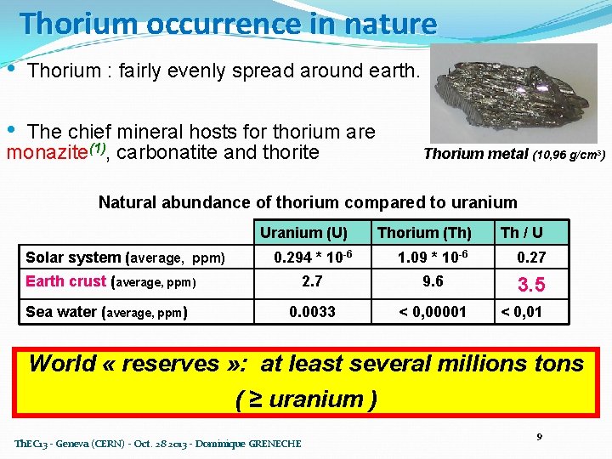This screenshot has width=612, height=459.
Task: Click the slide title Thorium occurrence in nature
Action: coord(228,23)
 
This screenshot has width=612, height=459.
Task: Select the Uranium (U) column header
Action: coord(303,232)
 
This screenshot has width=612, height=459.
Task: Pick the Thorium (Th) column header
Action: coord(424,232)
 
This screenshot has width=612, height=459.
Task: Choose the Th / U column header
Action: coord(521,232)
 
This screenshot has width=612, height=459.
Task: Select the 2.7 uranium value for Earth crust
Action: coord(312,281)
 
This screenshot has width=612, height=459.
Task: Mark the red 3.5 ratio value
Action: coord(531,284)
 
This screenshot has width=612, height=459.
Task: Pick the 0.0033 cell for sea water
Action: coord(312,312)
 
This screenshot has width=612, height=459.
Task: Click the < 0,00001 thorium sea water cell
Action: coord(433,312)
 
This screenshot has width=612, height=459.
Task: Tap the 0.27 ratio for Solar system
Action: coord(531,258)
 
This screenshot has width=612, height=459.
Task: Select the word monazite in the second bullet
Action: coord(42,153)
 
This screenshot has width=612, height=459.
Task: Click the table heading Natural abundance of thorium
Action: coord(308,202)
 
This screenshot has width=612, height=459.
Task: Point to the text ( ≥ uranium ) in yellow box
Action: coord(306,399)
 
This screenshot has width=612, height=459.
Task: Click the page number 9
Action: coord(539,437)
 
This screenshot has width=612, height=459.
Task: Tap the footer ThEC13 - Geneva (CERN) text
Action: coord(158,444)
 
